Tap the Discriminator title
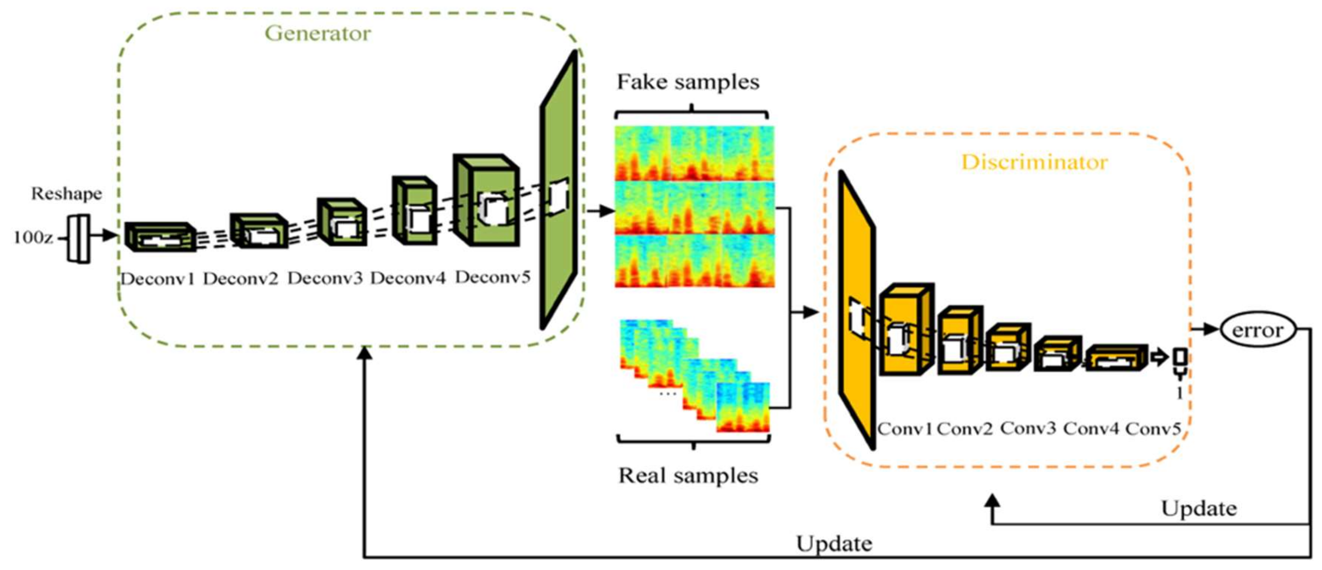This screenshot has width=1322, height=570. click(1034, 162)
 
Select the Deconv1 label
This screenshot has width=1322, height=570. click(157, 279)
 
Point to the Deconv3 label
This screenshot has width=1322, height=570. click(325, 278)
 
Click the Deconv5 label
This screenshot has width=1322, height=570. click(492, 277)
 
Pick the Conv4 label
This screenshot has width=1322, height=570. click(1091, 428)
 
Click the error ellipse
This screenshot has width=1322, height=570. click(1258, 330)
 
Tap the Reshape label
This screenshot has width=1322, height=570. click(67, 193)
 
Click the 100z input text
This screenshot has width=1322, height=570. click(33, 238)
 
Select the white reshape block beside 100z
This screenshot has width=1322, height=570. click(79, 239)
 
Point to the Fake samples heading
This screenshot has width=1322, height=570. click(688, 82)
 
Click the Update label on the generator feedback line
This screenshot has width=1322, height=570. click(834, 544)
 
